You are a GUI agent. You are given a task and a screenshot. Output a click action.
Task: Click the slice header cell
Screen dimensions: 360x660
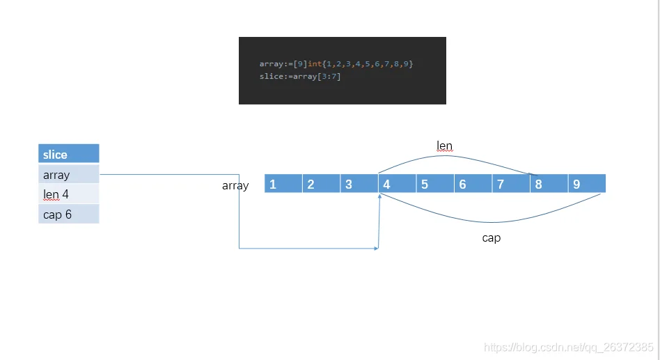(x=68, y=154)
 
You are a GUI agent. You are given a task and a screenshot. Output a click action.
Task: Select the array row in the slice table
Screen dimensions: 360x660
(x=68, y=174)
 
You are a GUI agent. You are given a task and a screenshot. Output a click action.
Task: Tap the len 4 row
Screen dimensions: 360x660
(x=68, y=194)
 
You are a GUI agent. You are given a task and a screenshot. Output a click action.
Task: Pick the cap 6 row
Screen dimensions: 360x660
(x=68, y=214)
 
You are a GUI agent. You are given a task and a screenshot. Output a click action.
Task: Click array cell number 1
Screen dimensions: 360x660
(x=283, y=184)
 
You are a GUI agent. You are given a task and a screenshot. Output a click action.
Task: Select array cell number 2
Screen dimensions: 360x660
(x=321, y=184)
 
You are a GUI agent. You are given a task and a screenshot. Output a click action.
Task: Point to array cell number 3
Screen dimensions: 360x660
(x=359, y=184)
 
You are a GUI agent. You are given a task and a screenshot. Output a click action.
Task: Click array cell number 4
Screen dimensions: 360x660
(x=397, y=184)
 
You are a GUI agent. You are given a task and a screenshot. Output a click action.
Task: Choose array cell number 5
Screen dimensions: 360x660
(x=435, y=184)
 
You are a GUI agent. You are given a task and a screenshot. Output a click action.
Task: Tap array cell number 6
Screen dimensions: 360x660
(x=473, y=184)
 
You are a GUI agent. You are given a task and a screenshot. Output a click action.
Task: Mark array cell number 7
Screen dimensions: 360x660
(x=511, y=184)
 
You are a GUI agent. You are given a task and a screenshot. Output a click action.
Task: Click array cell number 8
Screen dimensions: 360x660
(x=549, y=184)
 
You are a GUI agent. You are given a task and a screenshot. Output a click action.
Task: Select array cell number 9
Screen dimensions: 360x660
(x=587, y=184)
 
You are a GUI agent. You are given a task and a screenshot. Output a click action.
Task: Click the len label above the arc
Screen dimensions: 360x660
(x=444, y=146)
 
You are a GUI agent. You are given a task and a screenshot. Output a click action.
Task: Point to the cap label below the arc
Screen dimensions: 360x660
(x=492, y=238)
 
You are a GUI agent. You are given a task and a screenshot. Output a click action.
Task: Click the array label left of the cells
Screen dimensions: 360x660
(x=235, y=186)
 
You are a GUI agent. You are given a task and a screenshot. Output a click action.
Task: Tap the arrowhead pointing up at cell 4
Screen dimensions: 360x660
(x=379, y=198)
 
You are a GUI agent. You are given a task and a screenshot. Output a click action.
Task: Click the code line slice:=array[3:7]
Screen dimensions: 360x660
(x=300, y=76)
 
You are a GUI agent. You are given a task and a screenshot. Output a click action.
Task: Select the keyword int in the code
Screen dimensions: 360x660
(x=315, y=64)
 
